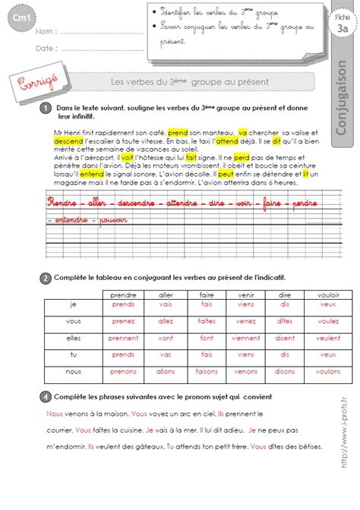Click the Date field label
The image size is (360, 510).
point(45,48)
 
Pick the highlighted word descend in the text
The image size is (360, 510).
point(59,141)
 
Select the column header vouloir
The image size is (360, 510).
point(328,293)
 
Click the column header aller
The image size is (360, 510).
point(164,293)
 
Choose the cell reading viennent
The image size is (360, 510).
point(245,338)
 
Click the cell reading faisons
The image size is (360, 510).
point(204,372)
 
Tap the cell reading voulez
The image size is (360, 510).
point(328,322)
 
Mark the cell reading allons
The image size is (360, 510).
point(164,372)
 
